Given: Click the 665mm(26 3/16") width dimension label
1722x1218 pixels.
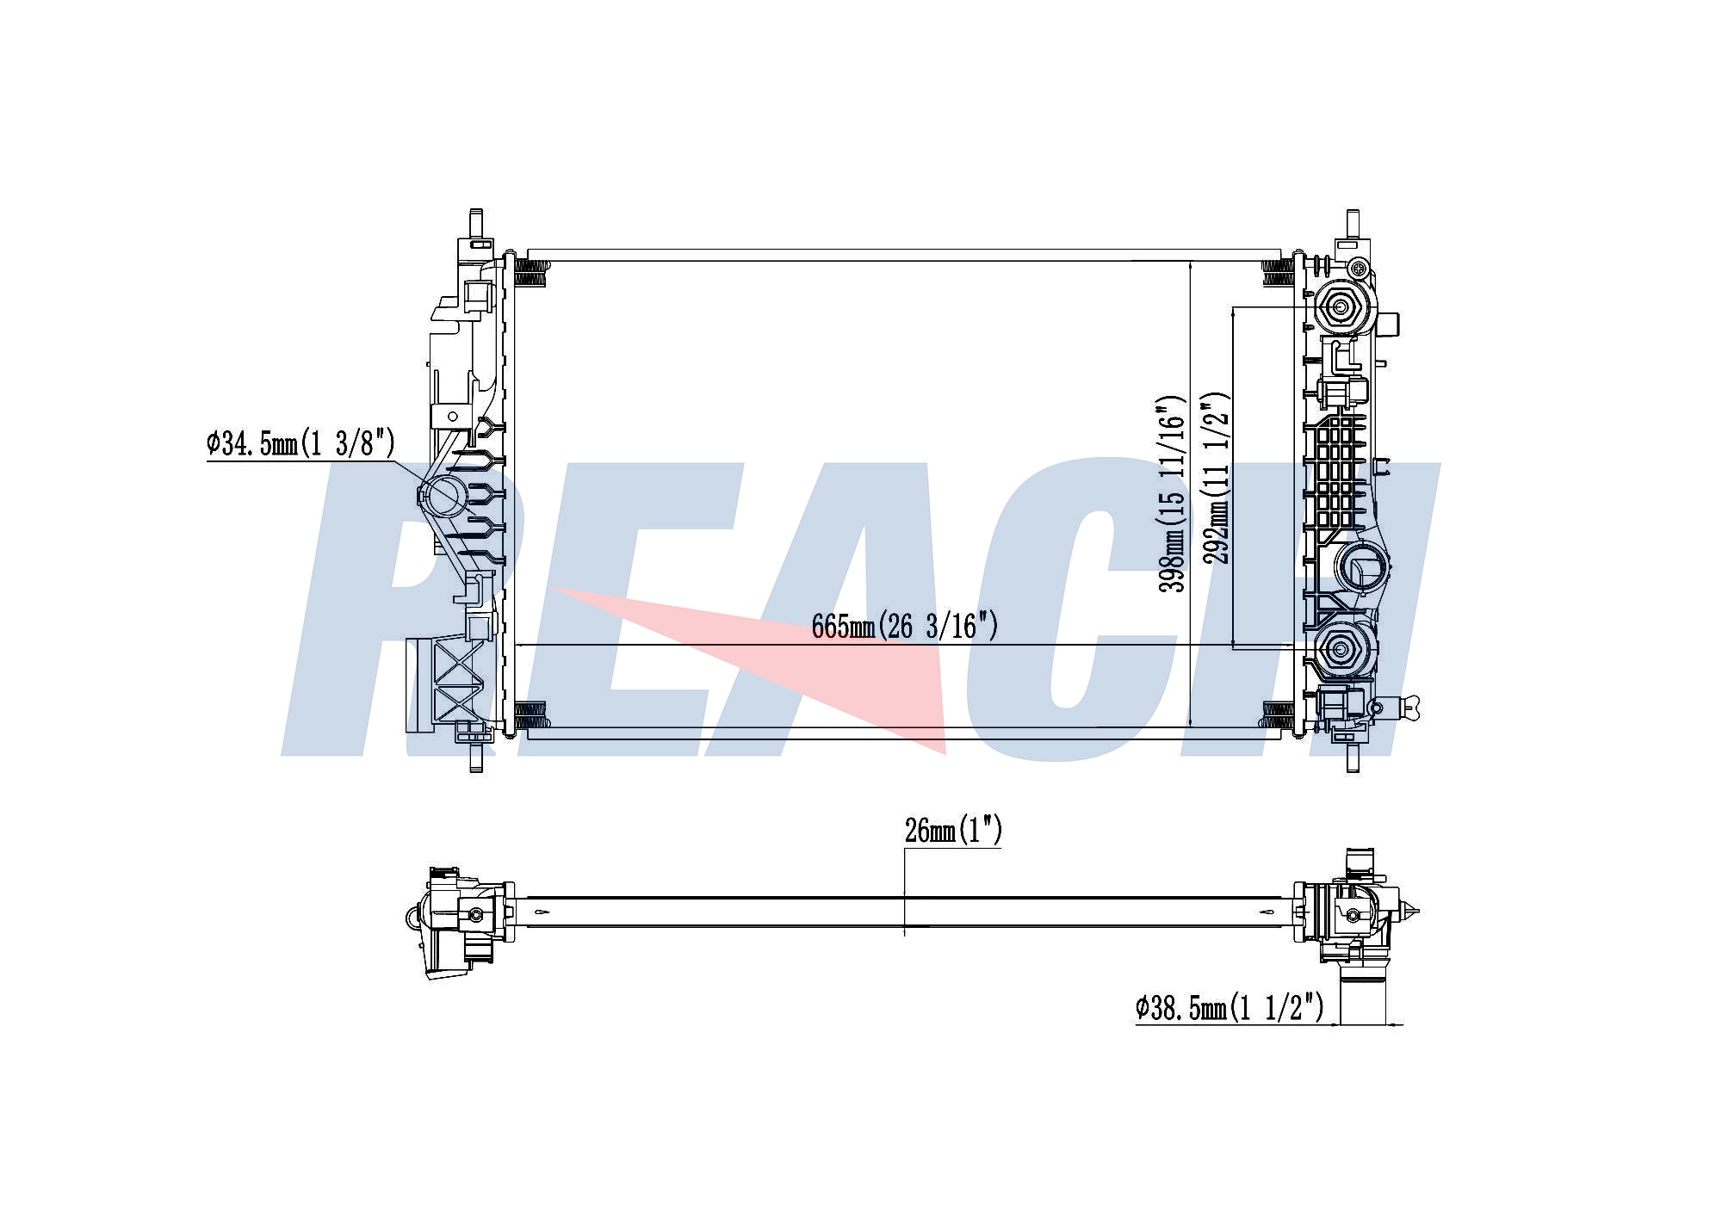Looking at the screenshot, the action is (905, 626).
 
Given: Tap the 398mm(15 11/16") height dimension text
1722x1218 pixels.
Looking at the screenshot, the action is (1173, 494).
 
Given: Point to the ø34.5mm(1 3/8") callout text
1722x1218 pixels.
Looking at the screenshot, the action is (300, 443).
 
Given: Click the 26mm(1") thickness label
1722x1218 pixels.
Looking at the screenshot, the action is (953, 830).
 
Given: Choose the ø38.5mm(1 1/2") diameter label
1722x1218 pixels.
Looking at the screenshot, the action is (1230, 1007).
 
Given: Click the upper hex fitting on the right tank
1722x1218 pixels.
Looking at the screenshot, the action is (1341, 306).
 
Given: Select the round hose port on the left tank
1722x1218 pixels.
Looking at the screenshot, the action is (446, 496).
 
